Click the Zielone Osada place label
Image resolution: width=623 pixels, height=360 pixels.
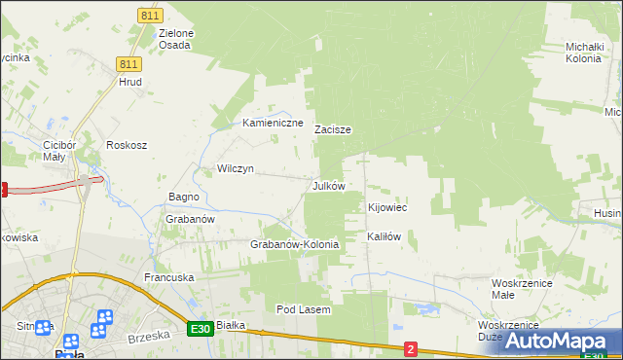coord(175,40)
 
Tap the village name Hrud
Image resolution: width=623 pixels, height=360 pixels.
coord(130,83)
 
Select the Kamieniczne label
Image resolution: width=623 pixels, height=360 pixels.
coord(273,124)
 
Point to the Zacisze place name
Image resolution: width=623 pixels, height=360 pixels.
coord(333,129)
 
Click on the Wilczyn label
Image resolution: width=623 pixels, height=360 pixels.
coord(236,168)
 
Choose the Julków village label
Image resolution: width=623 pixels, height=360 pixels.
coord(328,185)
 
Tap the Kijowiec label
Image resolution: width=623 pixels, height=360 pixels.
coord(386,208)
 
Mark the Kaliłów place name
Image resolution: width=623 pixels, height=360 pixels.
coord(384,236)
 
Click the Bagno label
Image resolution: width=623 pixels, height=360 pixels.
coord(184,197)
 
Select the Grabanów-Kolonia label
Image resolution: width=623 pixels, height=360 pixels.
coord(295,244)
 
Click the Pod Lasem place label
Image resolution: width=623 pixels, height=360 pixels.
coord(304,309)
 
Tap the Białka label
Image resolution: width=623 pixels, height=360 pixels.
coord(230,325)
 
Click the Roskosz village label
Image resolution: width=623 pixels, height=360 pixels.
coord(127,145)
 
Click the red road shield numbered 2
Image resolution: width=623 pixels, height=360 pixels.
coord(411,348)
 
